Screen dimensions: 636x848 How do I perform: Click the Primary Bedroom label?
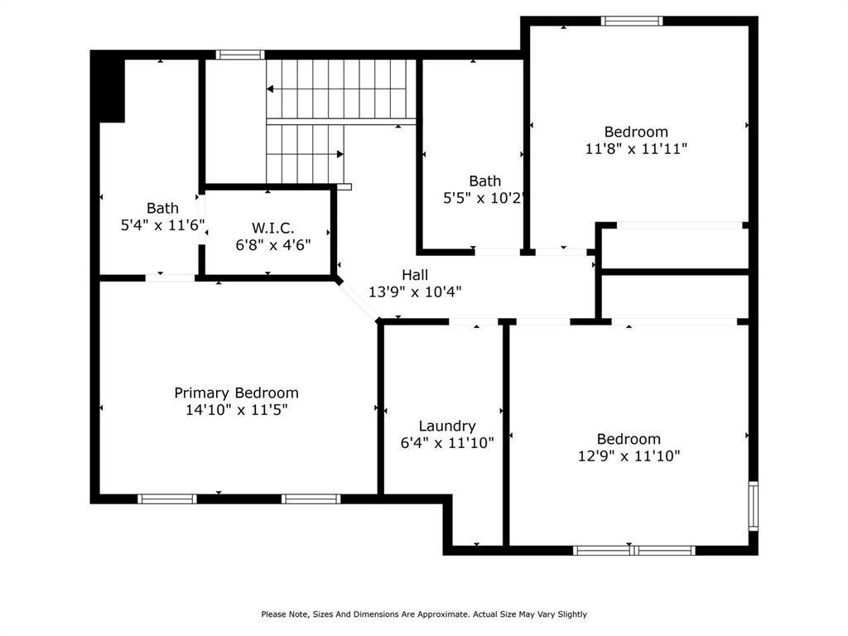tap(236, 393)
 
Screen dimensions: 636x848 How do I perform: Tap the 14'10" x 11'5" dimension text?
tap(236, 409)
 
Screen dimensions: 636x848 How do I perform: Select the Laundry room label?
tap(447, 426)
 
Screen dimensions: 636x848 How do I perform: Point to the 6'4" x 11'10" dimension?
tap(447, 443)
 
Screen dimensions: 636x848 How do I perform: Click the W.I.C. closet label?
tap(273, 228)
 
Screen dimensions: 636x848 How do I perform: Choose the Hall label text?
tap(415, 274)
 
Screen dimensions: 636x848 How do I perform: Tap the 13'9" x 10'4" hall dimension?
tap(415, 291)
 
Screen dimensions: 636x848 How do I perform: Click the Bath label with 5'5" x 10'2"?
tap(484, 181)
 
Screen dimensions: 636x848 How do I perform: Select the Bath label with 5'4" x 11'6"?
tap(162, 208)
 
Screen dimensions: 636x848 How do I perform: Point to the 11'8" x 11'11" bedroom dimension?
tap(636, 149)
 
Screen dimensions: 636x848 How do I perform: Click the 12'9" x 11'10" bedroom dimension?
tap(629, 455)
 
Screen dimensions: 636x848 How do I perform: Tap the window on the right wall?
tap(753, 505)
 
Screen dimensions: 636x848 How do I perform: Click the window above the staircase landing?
tap(240, 55)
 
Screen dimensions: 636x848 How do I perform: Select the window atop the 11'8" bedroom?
tap(632, 21)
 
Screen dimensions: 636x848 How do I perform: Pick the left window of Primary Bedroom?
tap(167, 499)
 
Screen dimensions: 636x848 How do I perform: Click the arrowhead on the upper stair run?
tap(270, 88)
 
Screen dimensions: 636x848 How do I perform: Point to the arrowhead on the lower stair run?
tap(340, 154)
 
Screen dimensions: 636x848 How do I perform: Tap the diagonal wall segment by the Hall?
tap(358, 300)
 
